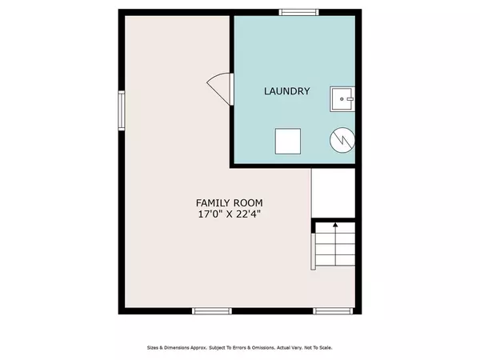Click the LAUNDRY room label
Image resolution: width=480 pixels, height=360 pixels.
click(x=287, y=91)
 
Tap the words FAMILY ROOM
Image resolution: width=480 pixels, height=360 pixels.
click(x=230, y=203)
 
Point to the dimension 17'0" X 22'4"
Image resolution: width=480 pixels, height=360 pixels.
click(x=230, y=214)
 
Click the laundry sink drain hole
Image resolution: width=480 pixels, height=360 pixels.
click(x=342, y=99)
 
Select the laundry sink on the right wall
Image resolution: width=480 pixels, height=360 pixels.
click(x=342, y=99)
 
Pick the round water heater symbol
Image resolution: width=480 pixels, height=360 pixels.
click(x=342, y=140)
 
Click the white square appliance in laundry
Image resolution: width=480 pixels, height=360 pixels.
click(x=288, y=141)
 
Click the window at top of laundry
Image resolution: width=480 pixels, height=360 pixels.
click(x=298, y=12)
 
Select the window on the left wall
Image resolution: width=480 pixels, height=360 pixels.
click(x=122, y=110)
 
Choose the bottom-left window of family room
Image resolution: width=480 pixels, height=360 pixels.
click(x=212, y=311)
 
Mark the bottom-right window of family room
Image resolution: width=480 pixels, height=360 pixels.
click(x=333, y=311)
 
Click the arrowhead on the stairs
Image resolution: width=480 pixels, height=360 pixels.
click(x=335, y=225)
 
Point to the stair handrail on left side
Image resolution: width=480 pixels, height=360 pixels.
click(x=313, y=252)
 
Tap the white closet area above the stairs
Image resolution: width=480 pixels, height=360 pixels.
click(x=333, y=193)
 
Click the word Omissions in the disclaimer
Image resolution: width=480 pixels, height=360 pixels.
click(x=263, y=348)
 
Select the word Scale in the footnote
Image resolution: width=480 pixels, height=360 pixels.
click(x=326, y=348)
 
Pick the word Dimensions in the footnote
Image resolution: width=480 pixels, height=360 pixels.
click(x=177, y=348)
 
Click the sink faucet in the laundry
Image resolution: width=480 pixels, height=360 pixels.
click(x=350, y=99)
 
